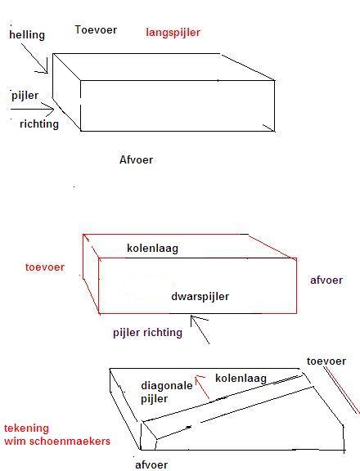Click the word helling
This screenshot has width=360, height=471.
click(x=27, y=34)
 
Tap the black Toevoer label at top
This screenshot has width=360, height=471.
click(x=96, y=29)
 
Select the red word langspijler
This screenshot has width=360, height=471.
click(x=173, y=33)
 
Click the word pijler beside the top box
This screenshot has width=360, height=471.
click(x=25, y=96)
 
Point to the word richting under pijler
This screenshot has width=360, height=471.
click(x=39, y=123)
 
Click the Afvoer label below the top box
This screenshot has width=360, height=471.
click(x=136, y=159)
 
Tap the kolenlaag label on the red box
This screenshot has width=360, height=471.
click(x=153, y=249)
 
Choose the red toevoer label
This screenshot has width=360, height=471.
click(x=45, y=267)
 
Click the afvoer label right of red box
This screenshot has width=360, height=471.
click(x=326, y=280)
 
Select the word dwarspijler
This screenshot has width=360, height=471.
click(x=200, y=297)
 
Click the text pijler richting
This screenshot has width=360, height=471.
click(x=147, y=333)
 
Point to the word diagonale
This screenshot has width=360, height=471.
click(x=167, y=385)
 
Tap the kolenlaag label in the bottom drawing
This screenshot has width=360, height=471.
click(x=241, y=378)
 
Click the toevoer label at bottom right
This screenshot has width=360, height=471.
click(x=326, y=361)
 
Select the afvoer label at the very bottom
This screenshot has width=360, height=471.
click(x=151, y=464)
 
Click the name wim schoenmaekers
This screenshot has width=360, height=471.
click(x=57, y=442)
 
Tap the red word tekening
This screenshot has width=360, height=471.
click(x=26, y=428)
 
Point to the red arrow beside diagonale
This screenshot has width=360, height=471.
click(x=202, y=388)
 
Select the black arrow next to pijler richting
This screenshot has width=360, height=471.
click(x=200, y=330)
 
